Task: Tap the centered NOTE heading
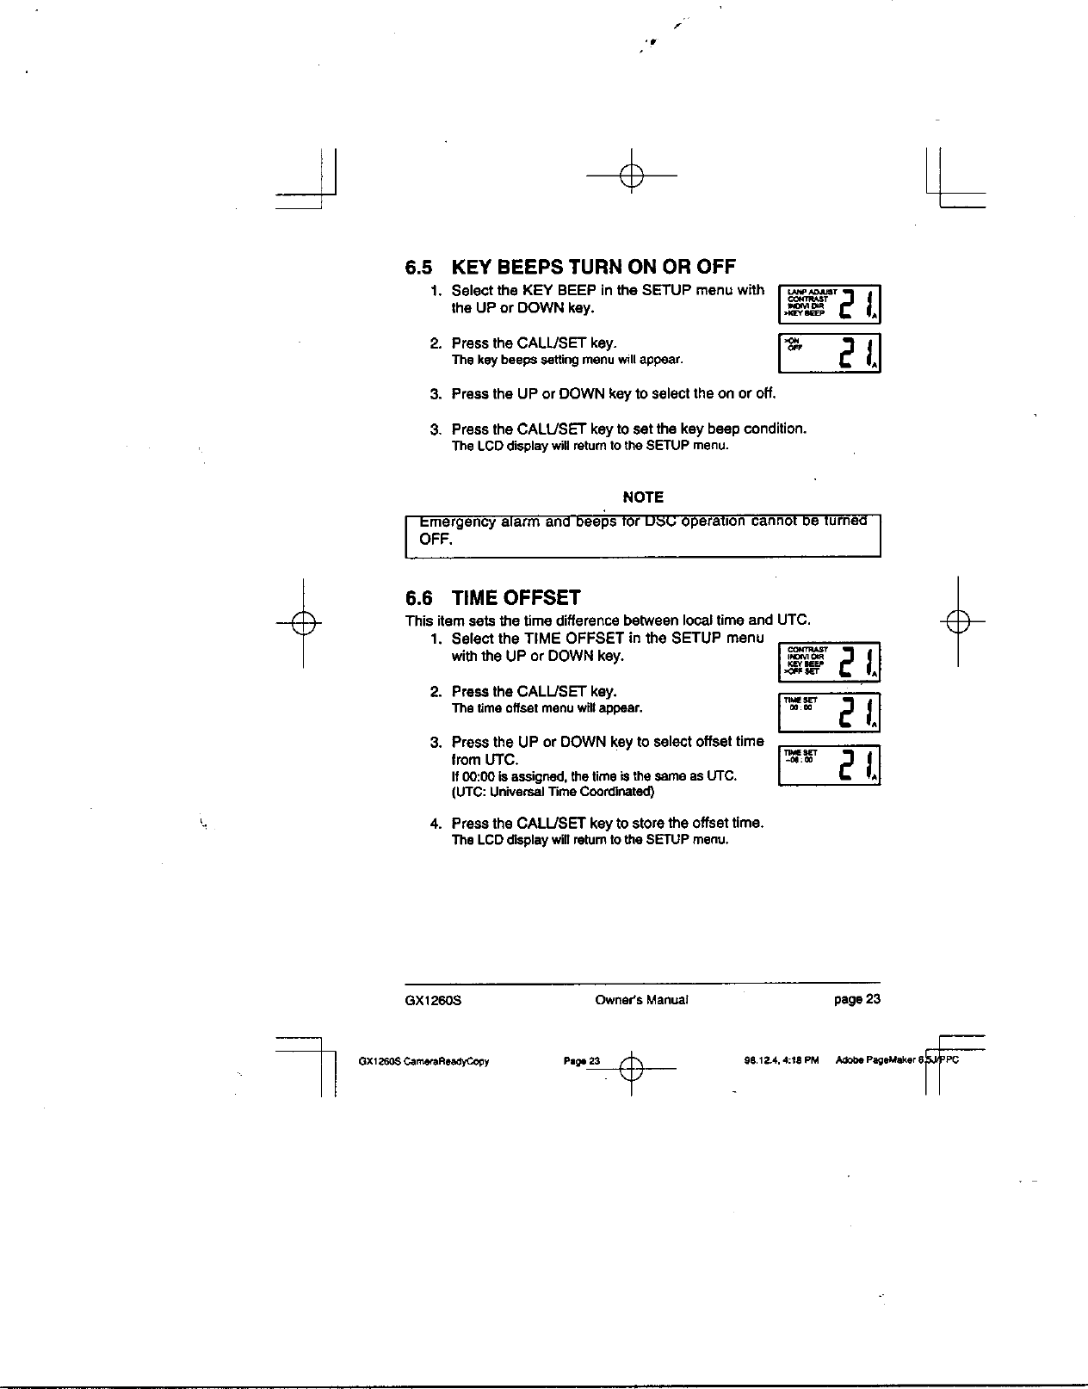coord(643,497)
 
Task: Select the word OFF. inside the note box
coord(436,540)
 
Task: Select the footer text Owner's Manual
coord(641,1000)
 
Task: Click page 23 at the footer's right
coord(856,1000)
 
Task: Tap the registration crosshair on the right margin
coord(957,620)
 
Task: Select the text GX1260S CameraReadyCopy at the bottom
coord(423,1061)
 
